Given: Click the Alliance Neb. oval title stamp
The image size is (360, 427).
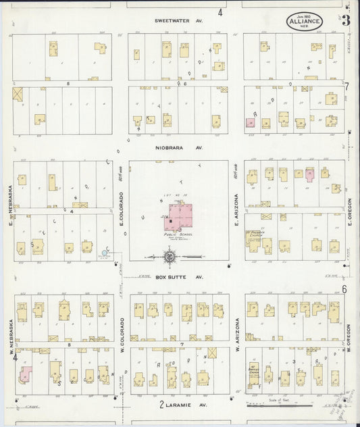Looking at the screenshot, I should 305,21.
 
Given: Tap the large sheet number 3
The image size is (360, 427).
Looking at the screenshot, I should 346,20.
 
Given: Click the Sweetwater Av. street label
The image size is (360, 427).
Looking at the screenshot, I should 178,21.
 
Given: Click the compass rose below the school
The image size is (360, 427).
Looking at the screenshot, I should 170,257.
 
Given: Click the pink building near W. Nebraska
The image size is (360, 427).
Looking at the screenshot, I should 26,374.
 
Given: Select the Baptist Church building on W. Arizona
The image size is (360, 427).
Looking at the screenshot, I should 253,374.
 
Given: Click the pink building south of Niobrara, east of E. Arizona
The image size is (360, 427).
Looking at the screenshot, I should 310,174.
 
